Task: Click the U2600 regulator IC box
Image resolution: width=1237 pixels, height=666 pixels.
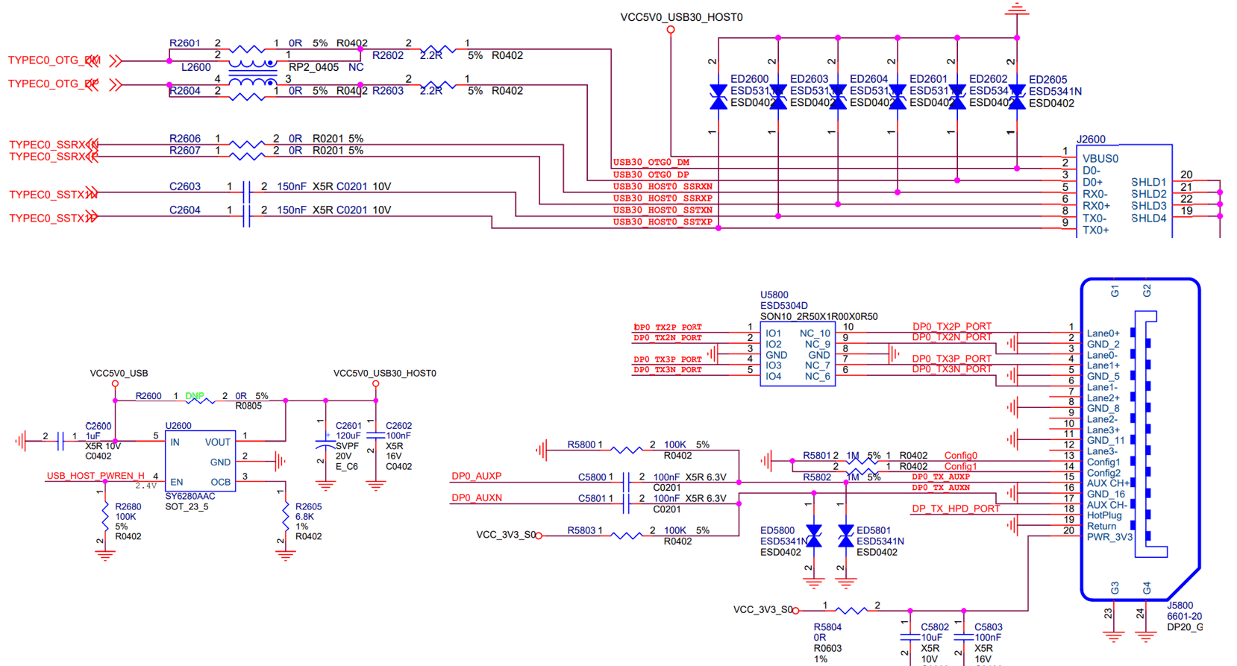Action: (x=200, y=461)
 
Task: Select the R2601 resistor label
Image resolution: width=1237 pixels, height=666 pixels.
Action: (x=184, y=43)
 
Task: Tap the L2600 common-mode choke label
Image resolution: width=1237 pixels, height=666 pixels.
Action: (x=195, y=67)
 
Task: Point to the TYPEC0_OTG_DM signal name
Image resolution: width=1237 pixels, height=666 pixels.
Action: (x=54, y=60)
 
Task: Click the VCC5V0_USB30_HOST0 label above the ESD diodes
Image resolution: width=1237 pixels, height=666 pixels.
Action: (x=681, y=17)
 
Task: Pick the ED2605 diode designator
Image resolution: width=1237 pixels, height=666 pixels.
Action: (x=1047, y=80)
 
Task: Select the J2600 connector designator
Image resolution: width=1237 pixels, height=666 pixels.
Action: (x=1091, y=139)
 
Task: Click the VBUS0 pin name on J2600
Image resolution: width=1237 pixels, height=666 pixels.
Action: (x=1100, y=159)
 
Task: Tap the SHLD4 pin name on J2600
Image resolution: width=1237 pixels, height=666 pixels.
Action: (x=1148, y=219)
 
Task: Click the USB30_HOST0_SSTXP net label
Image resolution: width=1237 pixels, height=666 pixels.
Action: (x=663, y=222)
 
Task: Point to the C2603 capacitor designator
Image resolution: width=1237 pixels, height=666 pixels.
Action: (x=184, y=186)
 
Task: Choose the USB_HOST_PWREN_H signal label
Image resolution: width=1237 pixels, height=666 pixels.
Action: (x=95, y=476)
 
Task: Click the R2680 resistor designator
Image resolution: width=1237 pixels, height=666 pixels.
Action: (x=128, y=507)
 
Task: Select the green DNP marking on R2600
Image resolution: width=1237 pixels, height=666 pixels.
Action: (x=195, y=396)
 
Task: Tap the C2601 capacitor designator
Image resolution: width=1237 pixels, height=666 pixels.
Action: (x=348, y=426)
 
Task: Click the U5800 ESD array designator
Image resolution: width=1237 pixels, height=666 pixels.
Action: (x=774, y=295)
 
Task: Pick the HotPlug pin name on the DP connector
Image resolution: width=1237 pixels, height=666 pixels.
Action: (x=1104, y=515)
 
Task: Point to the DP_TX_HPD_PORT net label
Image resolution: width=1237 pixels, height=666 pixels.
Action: (x=956, y=509)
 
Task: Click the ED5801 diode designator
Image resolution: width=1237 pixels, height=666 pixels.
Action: (x=873, y=531)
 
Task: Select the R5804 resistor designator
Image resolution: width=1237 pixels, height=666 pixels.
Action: (x=827, y=627)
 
